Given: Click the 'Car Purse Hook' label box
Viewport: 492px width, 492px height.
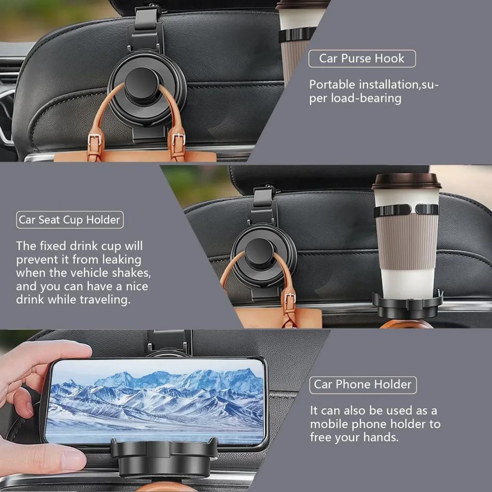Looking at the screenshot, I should pos(362,59).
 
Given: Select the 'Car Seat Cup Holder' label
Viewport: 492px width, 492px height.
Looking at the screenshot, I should pos(70,220).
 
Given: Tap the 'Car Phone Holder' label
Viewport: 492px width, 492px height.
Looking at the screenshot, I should pos(363,385).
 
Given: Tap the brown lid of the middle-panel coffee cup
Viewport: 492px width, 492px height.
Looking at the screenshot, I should pos(406,181).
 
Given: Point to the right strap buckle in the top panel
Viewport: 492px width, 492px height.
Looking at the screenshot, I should pos(178,144).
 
